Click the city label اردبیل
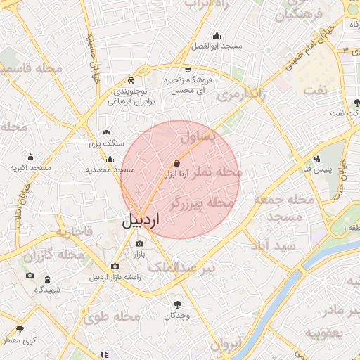(141, 219)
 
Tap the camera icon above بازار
(139, 243)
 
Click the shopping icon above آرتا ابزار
(185, 163)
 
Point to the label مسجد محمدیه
(110, 169)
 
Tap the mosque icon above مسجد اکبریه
(30, 158)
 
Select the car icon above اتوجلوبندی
(132, 80)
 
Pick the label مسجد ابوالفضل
(217, 46)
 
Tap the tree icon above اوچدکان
(177, 304)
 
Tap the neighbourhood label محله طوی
(112, 317)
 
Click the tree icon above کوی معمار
(19, 329)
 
